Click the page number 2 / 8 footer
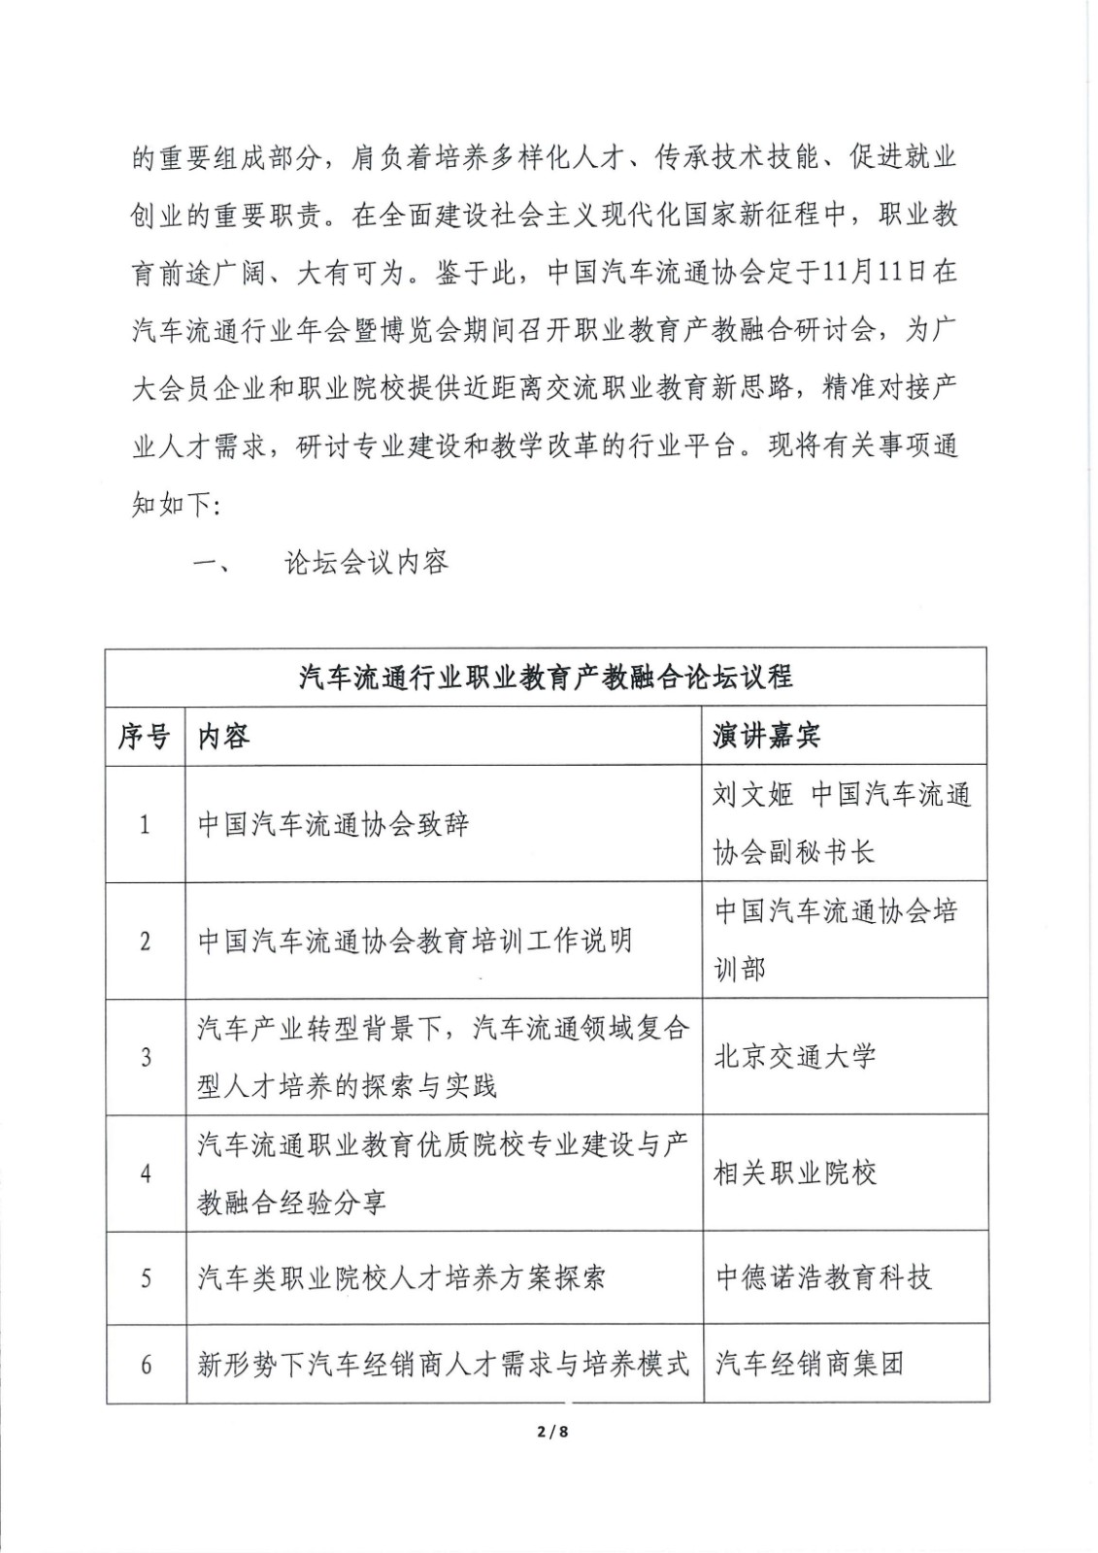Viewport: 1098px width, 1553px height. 549,1430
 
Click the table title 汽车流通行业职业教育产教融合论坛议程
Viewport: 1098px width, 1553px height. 546,677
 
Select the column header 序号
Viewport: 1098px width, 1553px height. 145,737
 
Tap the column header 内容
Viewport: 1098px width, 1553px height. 224,737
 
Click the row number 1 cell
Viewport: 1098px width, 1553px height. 146,825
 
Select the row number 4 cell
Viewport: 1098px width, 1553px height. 146,1174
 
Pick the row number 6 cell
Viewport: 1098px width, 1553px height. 146,1365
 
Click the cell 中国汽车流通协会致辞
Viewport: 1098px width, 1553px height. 333,825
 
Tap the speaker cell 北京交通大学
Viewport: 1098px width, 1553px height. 795,1057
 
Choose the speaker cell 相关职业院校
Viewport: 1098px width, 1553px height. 795,1173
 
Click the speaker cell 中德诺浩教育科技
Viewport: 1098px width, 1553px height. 823,1277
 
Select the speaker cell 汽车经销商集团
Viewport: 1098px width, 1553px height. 810,1365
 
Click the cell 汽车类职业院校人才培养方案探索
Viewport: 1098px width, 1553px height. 402,1277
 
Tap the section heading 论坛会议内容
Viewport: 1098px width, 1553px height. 366,562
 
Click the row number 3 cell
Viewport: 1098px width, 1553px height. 146,1057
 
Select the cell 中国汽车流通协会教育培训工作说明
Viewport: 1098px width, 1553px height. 415,941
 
